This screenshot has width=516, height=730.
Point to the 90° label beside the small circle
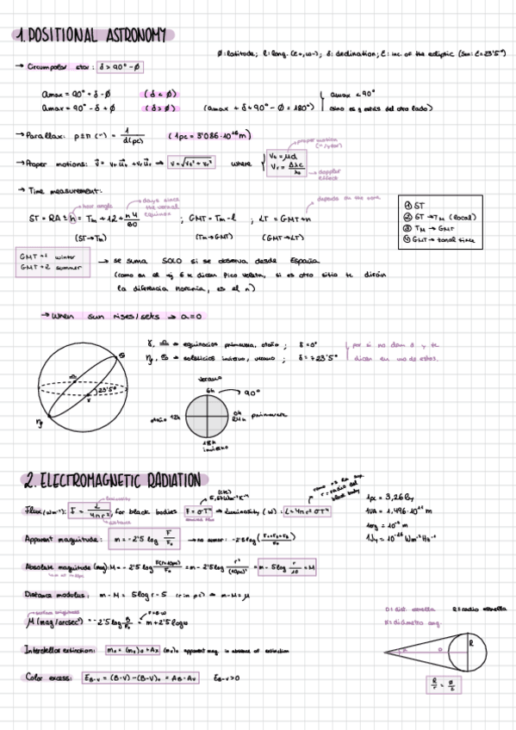tap(251, 393)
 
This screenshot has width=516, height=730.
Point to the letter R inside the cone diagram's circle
tap(471, 640)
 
